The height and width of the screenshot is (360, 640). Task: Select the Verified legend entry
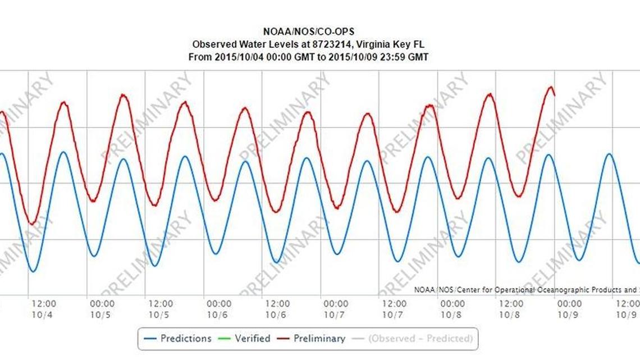252,339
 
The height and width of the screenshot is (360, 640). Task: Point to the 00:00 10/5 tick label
102,309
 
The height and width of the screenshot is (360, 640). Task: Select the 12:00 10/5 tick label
161,309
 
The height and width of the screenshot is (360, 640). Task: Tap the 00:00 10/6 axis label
219,309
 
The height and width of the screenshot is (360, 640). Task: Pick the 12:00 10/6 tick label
277,309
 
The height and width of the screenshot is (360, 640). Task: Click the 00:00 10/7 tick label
336,309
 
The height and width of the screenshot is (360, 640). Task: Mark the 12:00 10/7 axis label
395,309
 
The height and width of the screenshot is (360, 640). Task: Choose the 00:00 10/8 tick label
452,309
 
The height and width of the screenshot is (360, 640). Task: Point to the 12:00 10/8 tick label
512,309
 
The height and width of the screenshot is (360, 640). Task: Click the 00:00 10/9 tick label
570,309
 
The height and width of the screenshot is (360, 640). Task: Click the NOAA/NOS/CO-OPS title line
309,33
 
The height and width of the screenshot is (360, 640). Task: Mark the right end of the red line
555,95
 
